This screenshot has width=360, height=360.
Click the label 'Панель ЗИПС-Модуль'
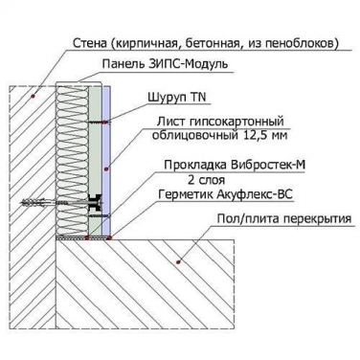point(165,64)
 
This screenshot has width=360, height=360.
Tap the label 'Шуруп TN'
point(177,97)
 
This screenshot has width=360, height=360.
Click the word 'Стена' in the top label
point(90,43)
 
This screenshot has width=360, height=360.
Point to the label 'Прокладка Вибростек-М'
point(235,165)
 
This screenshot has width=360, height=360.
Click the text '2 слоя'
point(206,180)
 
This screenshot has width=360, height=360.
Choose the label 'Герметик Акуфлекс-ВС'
point(225,194)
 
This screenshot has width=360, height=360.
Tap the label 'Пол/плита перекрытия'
point(284,219)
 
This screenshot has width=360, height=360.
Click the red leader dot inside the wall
point(33,96)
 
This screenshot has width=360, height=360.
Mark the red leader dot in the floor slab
point(178,262)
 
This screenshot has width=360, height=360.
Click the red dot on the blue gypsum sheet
point(106,169)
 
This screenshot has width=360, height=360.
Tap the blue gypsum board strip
point(106,161)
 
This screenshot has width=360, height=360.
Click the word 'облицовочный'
point(194,135)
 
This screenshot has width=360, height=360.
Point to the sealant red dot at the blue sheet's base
point(109,237)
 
